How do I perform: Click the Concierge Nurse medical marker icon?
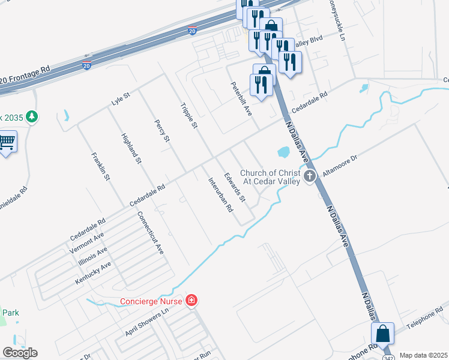point(191,299)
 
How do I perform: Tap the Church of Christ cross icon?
point(310,176)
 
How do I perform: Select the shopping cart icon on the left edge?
point(7,142)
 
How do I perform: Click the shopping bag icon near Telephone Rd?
point(382,334)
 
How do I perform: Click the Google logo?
point(20,353)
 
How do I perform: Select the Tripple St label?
point(189,115)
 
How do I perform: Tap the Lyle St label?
point(121,100)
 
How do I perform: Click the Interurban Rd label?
point(220,195)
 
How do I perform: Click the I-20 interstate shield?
point(87,65)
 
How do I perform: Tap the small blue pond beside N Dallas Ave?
point(282,151)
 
